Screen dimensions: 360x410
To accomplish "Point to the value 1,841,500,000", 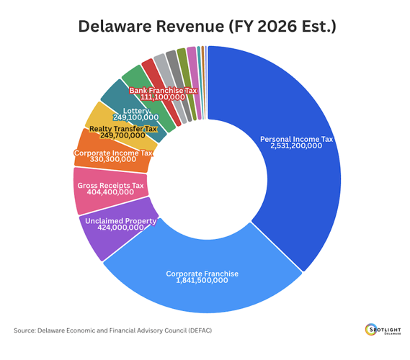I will tap(202, 281).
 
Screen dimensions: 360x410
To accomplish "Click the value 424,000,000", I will tap(120, 229).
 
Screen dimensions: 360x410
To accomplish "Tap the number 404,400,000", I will tap(110, 192).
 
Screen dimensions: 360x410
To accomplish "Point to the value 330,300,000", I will tap(113, 161).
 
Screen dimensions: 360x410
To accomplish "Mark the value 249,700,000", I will tap(122, 135).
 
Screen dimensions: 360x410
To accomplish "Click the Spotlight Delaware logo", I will tap(383, 330).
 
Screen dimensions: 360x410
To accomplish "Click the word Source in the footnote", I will tap(25, 330).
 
